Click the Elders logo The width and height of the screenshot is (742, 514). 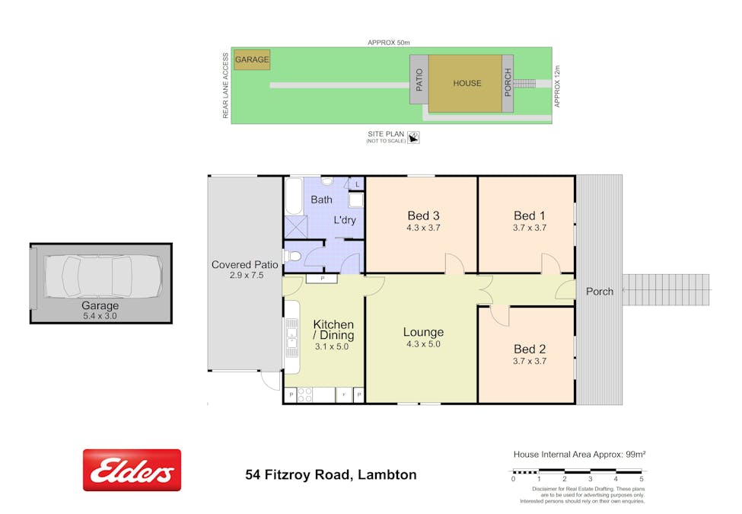[132, 470]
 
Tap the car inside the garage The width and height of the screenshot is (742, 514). [103, 276]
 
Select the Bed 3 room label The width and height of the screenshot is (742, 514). [423, 215]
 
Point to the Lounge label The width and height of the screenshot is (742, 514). [423, 332]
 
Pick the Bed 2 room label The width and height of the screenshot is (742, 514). [530, 350]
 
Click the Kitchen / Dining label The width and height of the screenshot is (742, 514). [333, 330]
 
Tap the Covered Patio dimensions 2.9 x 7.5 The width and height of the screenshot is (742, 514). [244, 276]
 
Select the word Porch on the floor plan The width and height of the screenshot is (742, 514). [600, 291]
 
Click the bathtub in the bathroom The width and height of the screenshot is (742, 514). [293, 196]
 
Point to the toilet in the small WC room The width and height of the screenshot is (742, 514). [295, 254]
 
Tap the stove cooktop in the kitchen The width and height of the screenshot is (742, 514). [304, 395]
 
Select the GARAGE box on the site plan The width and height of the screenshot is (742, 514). [251, 59]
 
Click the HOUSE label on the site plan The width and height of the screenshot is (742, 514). [467, 83]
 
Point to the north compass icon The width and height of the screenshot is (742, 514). [414, 137]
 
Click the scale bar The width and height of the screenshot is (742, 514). [578, 473]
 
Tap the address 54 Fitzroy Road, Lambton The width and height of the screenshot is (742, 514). [331, 474]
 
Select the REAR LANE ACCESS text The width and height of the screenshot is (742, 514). [225, 85]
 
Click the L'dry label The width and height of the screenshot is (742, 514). [346, 221]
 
